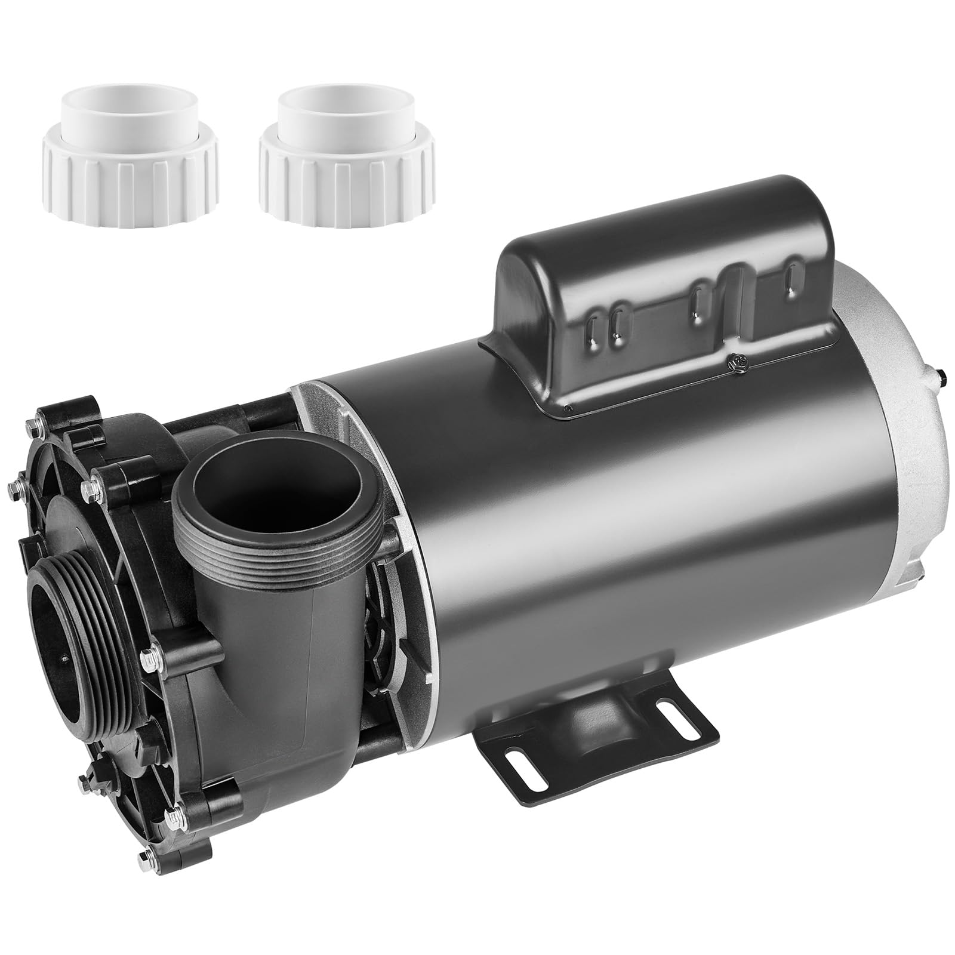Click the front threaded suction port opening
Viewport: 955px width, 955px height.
point(60,615)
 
